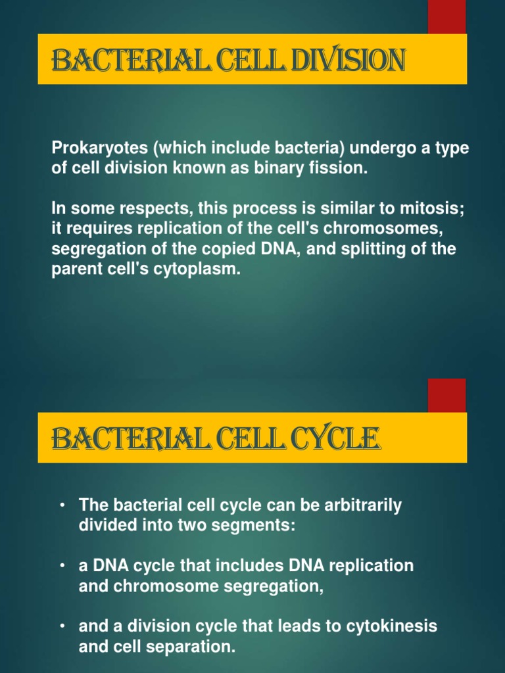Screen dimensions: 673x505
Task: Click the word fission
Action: pyautogui.click(x=333, y=168)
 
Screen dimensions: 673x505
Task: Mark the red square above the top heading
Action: pyautogui.click(x=447, y=16)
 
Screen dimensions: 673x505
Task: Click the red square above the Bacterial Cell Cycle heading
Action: pyautogui.click(x=447, y=395)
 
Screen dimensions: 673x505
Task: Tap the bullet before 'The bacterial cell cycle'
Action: pyautogui.click(x=61, y=505)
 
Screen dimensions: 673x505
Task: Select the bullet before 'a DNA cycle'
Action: pyautogui.click(x=61, y=566)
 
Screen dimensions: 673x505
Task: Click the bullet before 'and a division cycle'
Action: pyautogui.click(x=61, y=626)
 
